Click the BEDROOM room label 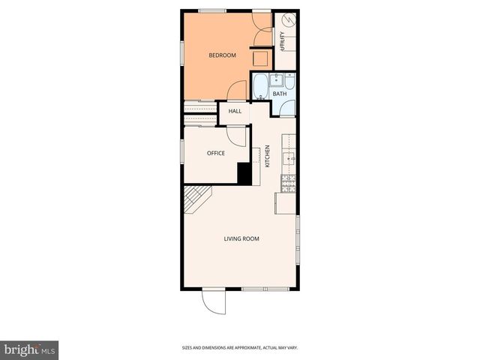click(222, 55)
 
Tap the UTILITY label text click(282, 39)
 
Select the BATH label click(279, 94)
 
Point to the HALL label click(235, 111)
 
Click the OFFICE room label click(216, 153)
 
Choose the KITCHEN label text click(268, 155)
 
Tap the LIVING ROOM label click(241, 238)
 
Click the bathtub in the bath click(259, 87)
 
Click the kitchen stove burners click(288, 181)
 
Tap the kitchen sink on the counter click(288, 157)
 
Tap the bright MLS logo click(30, 349)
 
